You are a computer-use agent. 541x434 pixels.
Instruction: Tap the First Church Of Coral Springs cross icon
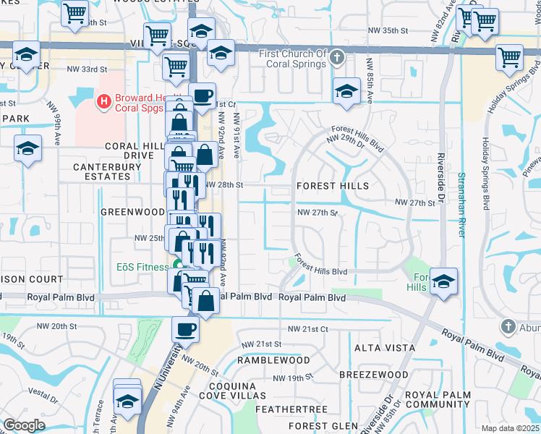(x=336, y=57)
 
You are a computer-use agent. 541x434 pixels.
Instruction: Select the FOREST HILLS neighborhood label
(x=333, y=186)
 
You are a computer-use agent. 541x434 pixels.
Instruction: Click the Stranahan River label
(x=461, y=203)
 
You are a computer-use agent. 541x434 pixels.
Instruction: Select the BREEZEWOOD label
(x=374, y=375)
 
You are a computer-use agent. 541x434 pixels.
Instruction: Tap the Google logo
(x=24, y=425)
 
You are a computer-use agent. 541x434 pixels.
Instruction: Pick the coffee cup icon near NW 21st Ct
(x=185, y=329)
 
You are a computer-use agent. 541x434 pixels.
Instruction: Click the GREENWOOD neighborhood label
(x=132, y=212)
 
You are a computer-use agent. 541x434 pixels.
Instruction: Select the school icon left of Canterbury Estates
(x=27, y=150)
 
